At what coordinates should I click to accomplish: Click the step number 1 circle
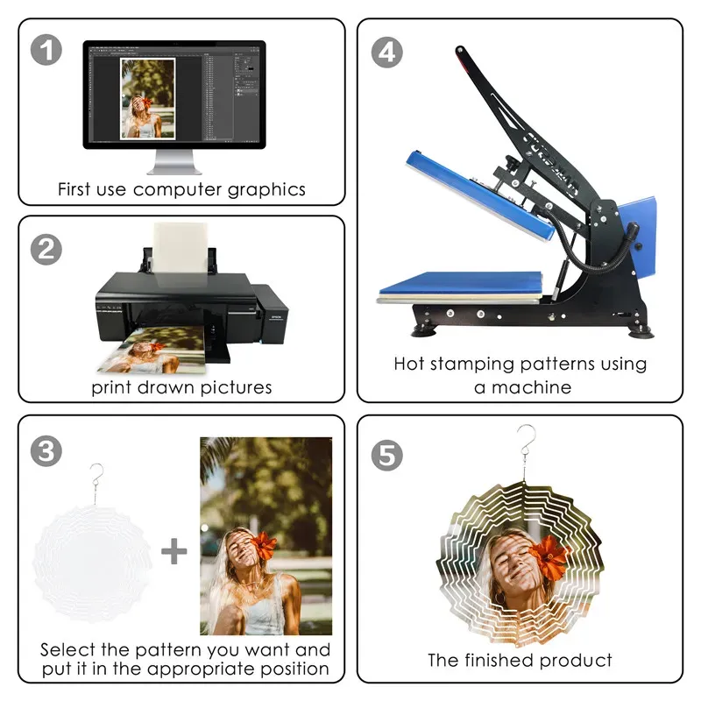(x=46, y=50)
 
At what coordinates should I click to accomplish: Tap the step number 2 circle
(x=46, y=249)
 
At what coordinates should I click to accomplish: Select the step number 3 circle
(x=46, y=450)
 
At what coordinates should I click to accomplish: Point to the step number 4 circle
(x=387, y=53)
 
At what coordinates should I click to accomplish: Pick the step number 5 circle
(x=387, y=455)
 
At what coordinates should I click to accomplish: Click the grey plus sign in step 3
(x=173, y=551)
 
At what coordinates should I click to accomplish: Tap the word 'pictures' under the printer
(x=236, y=387)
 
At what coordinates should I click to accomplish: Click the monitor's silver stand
(x=174, y=162)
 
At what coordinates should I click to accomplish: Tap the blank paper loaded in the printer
(x=181, y=248)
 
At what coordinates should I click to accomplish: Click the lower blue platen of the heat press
(x=461, y=283)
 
